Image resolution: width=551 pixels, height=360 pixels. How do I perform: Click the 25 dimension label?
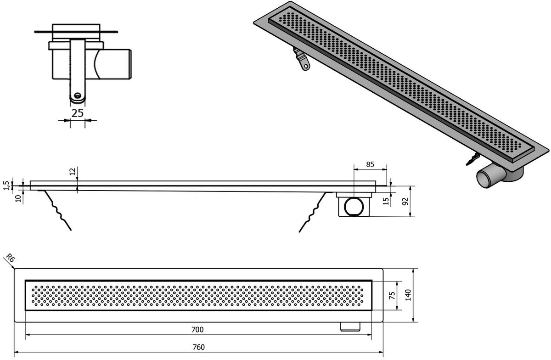[78, 113]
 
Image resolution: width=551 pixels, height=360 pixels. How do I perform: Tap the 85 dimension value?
[370, 164]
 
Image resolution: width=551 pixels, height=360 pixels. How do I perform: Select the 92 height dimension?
[405, 201]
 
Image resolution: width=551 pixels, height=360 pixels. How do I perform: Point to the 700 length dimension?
[197, 330]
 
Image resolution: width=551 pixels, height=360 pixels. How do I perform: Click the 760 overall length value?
[198, 347]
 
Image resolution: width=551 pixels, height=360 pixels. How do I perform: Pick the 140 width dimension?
[408, 295]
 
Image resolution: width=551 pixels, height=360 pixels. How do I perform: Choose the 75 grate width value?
[393, 295]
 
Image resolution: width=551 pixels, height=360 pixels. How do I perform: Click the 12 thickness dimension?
[73, 171]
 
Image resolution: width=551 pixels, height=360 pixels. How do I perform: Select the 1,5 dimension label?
[6, 186]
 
